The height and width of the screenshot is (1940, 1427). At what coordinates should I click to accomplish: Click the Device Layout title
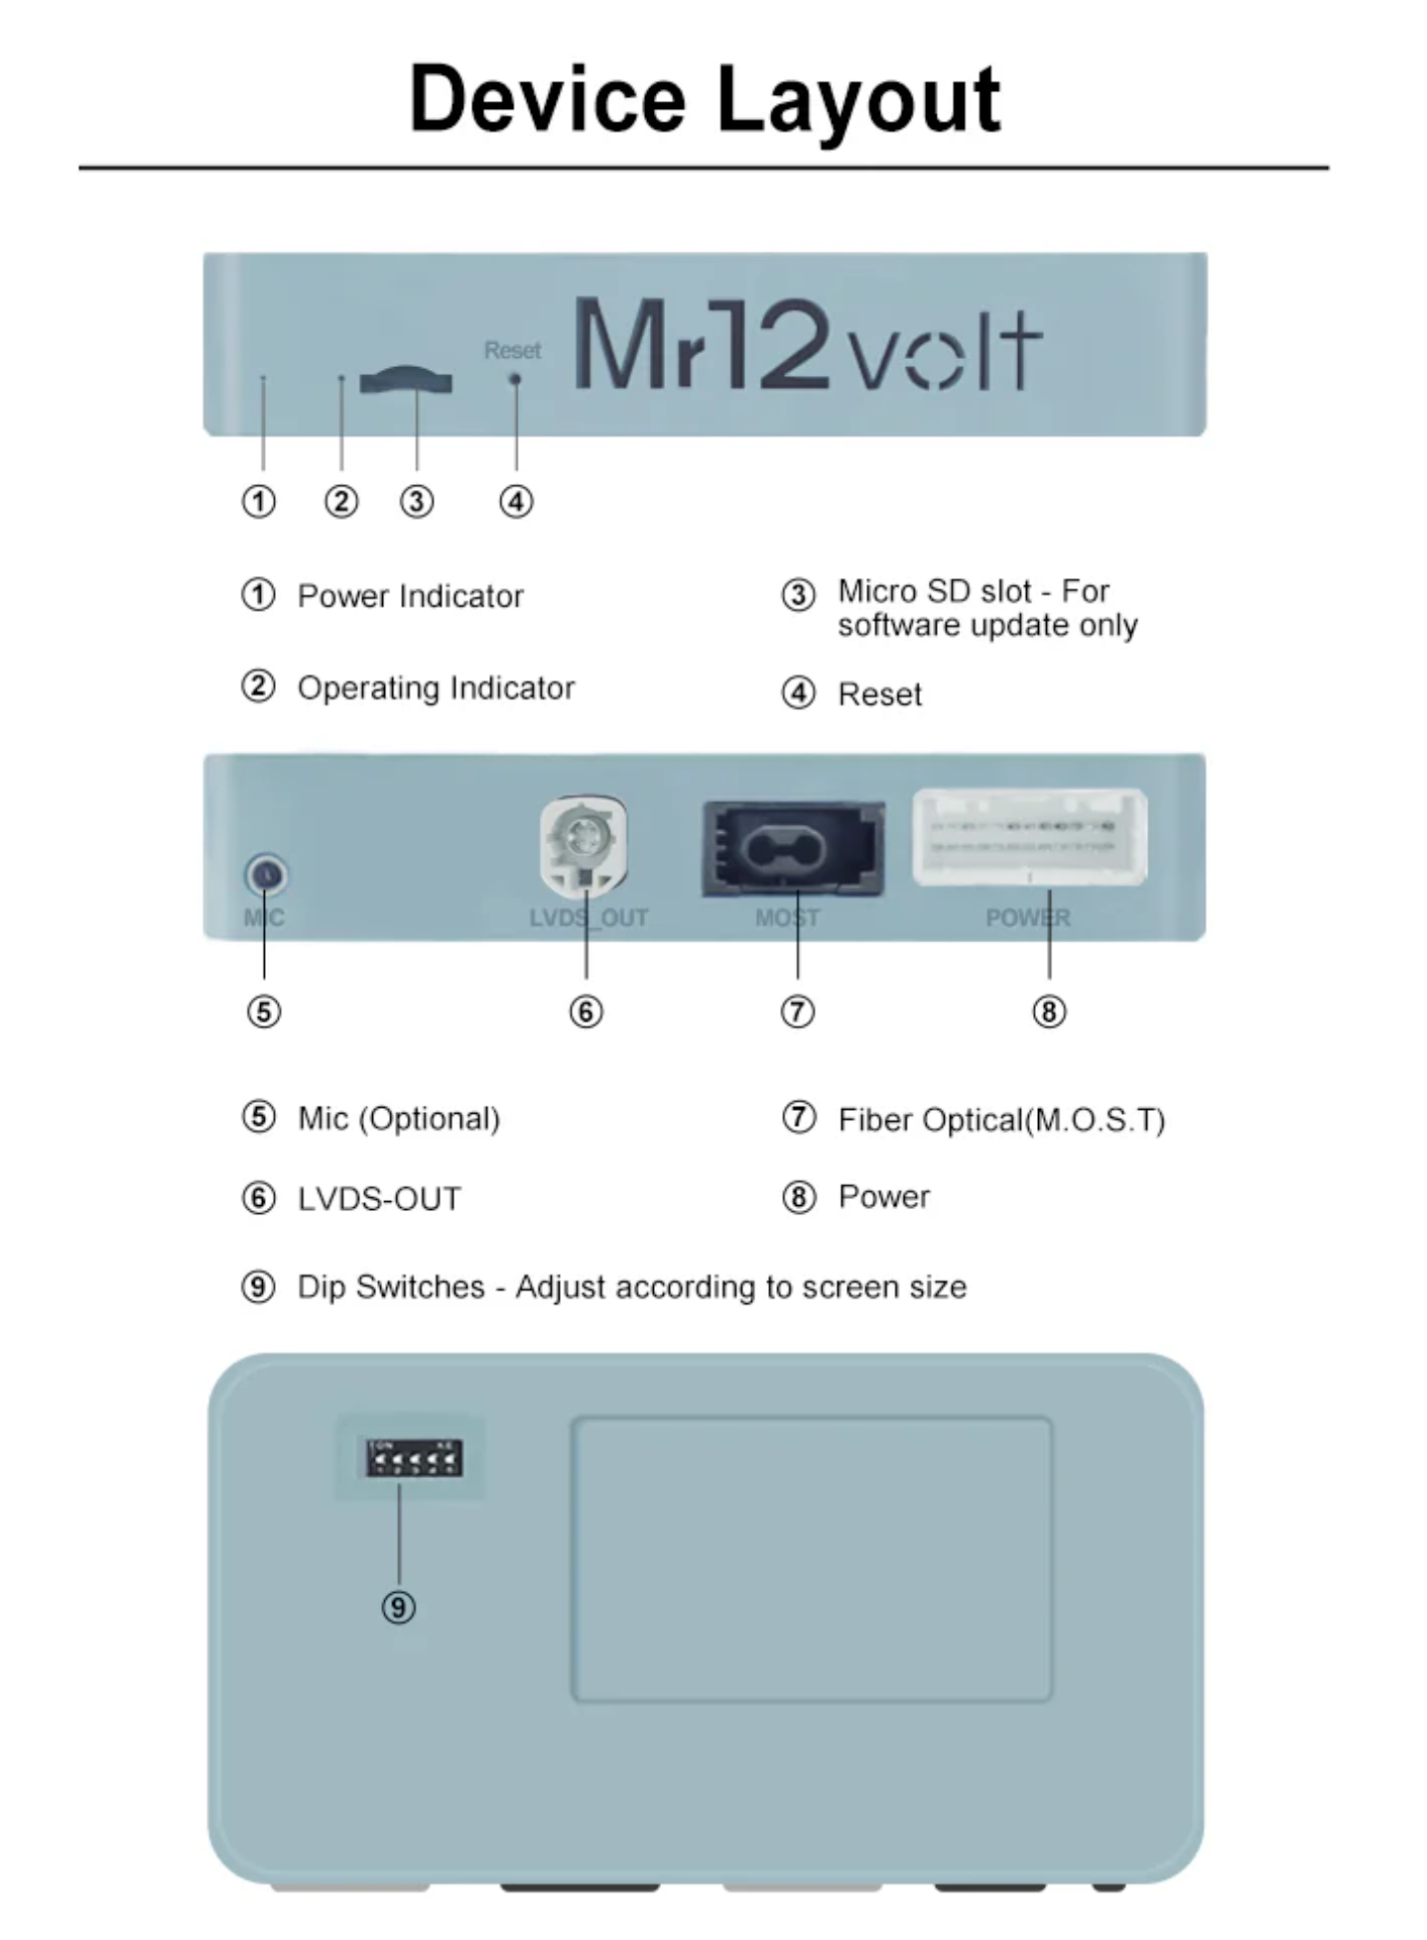pyautogui.click(x=705, y=99)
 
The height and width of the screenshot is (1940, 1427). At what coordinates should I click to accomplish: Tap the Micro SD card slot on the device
pyautogui.click(x=406, y=381)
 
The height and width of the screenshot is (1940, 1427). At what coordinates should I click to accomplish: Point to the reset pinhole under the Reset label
pyautogui.click(x=515, y=379)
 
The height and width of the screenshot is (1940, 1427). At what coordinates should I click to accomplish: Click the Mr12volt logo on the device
pyautogui.click(x=806, y=345)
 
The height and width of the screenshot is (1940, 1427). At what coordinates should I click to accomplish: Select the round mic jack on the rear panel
pyautogui.click(x=265, y=874)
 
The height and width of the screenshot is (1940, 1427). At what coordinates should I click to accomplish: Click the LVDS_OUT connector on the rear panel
pyautogui.click(x=584, y=846)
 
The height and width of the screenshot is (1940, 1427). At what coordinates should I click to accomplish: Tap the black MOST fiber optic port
pyautogui.click(x=793, y=848)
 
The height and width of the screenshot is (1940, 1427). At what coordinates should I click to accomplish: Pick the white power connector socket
pyautogui.click(x=1030, y=837)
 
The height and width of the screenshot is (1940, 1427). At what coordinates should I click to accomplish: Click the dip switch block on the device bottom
pyautogui.click(x=413, y=1457)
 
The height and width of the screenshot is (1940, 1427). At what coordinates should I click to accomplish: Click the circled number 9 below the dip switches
pyautogui.click(x=399, y=1607)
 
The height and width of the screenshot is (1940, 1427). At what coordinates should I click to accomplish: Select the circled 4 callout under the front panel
pyautogui.click(x=516, y=502)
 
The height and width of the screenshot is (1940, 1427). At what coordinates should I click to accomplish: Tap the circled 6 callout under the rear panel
pyautogui.click(x=585, y=1012)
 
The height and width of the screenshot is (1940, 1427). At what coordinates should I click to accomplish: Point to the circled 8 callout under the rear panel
pyautogui.click(x=1049, y=1012)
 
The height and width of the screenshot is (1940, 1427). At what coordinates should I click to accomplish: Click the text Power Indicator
pyautogui.click(x=410, y=596)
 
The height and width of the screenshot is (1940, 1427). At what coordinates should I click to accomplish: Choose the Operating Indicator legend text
pyautogui.click(x=436, y=687)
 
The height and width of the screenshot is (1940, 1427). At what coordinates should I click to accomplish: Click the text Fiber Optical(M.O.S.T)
pyautogui.click(x=1001, y=1120)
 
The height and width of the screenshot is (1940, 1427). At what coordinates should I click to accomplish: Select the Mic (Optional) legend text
pyautogui.click(x=399, y=1118)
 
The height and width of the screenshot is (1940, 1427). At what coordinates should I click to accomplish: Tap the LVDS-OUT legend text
pyautogui.click(x=379, y=1198)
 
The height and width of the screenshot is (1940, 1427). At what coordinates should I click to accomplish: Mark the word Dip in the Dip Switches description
pyautogui.click(x=322, y=1286)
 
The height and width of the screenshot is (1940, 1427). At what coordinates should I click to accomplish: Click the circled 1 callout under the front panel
pyautogui.click(x=259, y=502)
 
